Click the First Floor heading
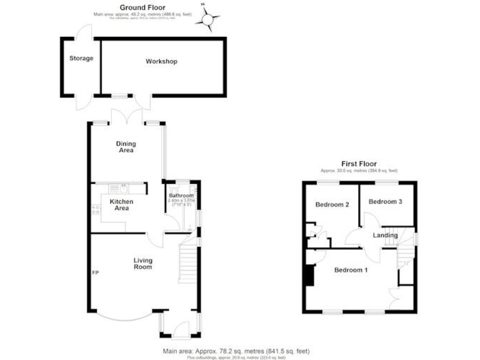359,164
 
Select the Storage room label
81,59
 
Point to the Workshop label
161,61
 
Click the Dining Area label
126,147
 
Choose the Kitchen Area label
121,205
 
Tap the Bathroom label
181,196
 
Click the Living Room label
142,263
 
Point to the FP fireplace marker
96,273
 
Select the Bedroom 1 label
351,270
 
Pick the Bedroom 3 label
384,201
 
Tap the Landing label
385,235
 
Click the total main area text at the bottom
235,351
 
